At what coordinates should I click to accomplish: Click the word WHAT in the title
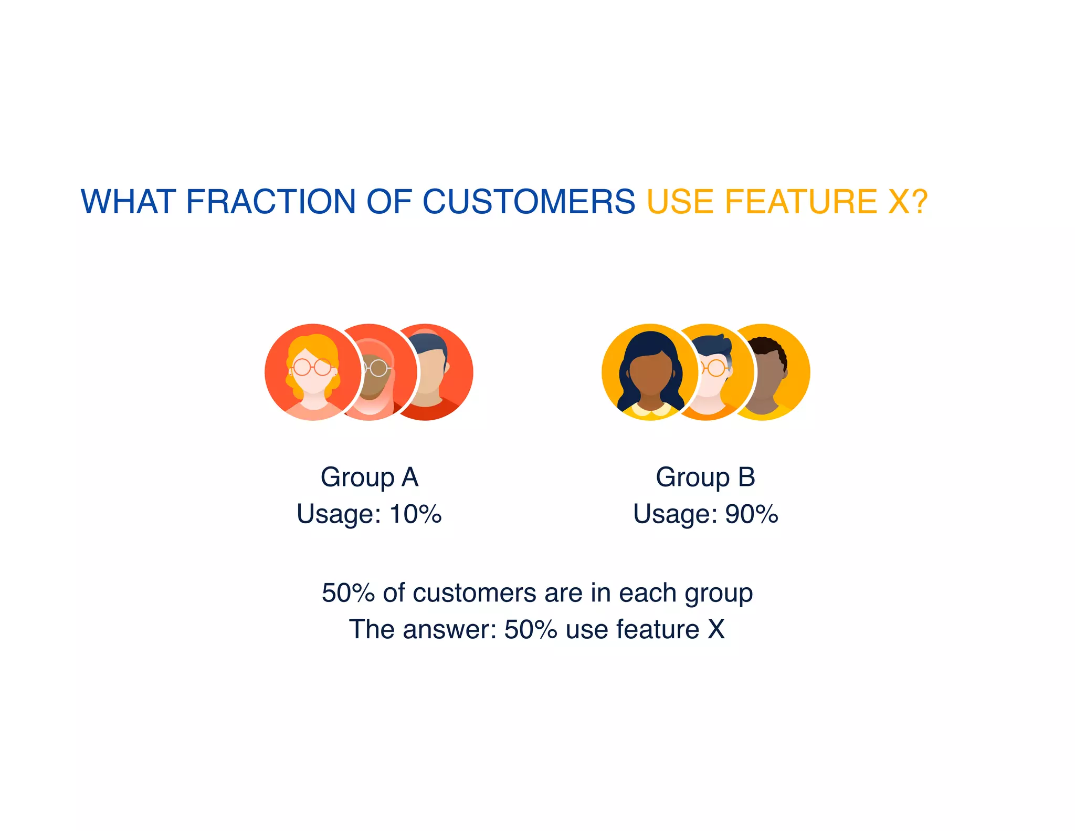pos(128,202)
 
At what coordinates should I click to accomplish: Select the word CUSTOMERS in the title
pos(529,202)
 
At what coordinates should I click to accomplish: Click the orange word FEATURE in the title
pos(800,202)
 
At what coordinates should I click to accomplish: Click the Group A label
pos(369,477)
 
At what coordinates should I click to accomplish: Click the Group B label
pos(705,477)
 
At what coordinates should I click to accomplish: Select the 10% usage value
pos(415,514)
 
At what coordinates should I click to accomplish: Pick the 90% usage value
pos(751,514)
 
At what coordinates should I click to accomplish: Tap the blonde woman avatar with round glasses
pos(312,371)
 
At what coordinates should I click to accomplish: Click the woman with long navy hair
pos(650,371)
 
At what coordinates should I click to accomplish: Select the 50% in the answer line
pos(530,629)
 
